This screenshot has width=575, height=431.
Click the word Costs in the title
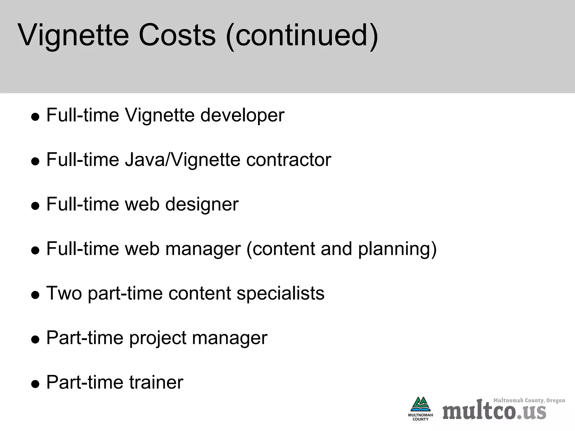click(177, 36)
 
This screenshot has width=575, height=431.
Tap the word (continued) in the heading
click(302, 36)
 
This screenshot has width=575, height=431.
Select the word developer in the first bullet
click(242, 115)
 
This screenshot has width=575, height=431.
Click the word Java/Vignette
click(183, 160)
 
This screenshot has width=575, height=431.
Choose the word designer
click(202, 204)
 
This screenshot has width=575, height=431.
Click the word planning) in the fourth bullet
click(397, 249)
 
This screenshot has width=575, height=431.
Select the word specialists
click(280, 293)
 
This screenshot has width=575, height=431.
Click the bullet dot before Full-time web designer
click(35, 206)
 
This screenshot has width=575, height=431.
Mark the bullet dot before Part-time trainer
click(35, 384)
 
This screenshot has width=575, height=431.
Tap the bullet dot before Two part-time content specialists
click(35, 295)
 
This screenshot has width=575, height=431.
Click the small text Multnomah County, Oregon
click(529, 400)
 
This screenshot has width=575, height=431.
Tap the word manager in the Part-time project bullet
click(230, 338)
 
